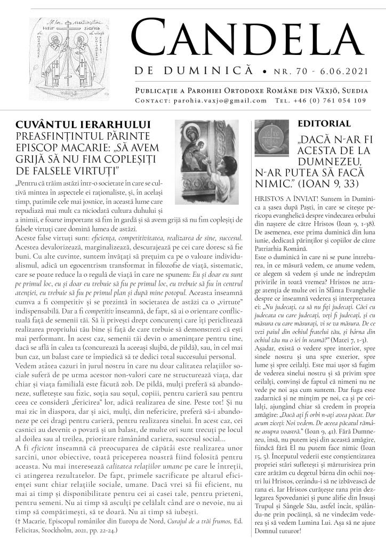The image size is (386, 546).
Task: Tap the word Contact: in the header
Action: pos(151,100)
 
